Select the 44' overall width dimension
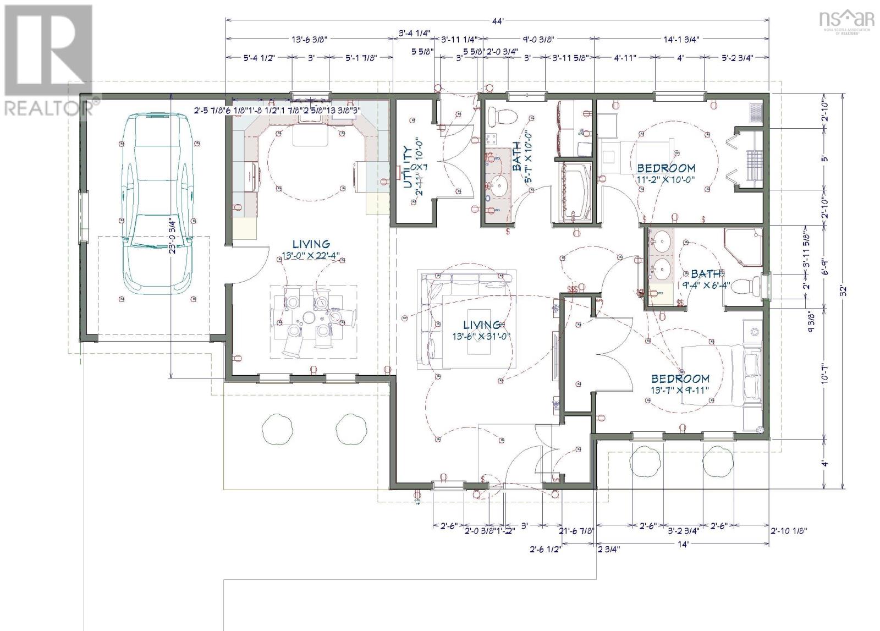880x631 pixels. [x=498, y=21]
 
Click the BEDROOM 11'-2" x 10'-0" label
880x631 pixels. [x=665, y=173]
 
